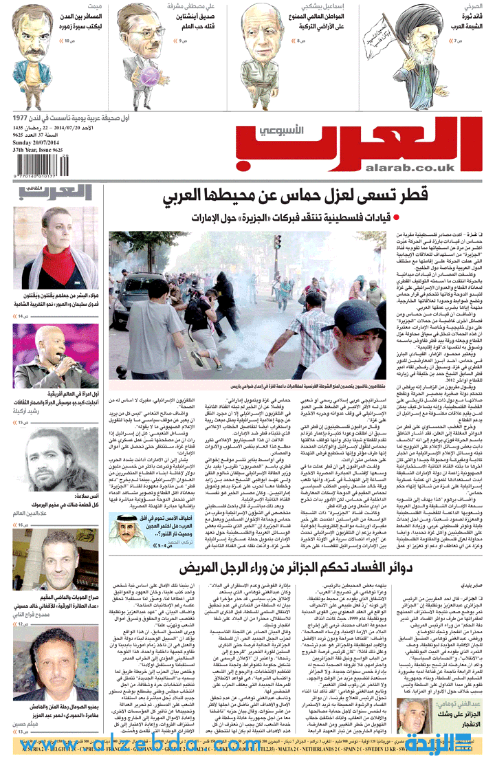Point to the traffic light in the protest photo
click(277, 241)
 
